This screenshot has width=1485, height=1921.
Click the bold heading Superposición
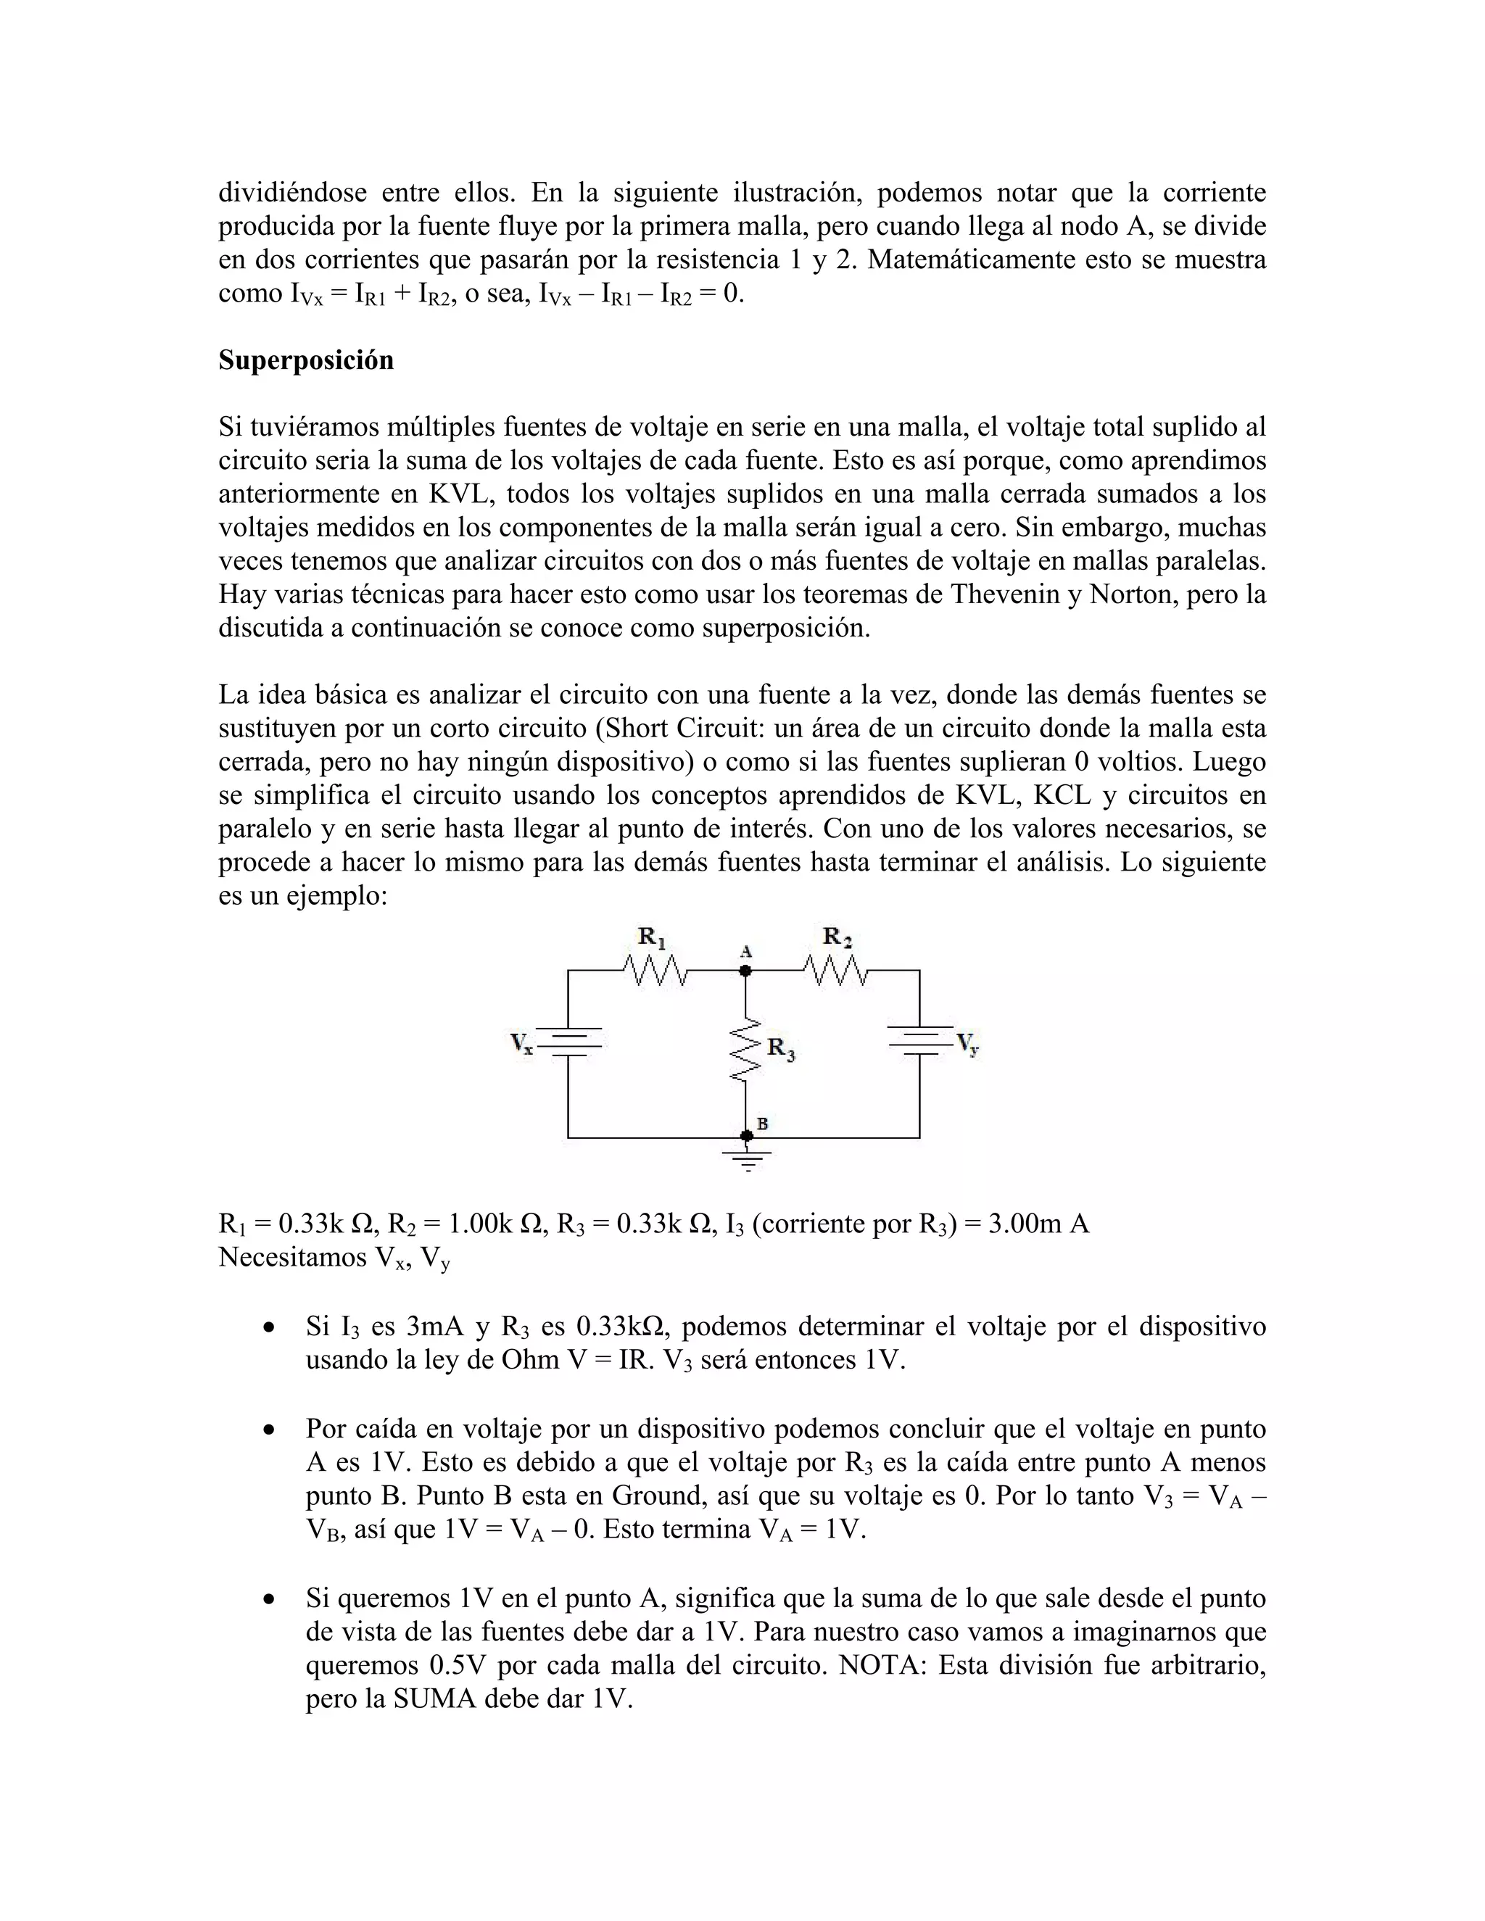tap(305, 360)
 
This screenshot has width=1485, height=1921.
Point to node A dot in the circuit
tap(745, 971)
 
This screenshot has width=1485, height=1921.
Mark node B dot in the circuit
tap(746, 1137)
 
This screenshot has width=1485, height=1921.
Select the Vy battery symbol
tap(920, 1039)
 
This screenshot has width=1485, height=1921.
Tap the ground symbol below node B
tap(747, 1159)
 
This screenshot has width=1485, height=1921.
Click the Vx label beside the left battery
tap(521, 1044)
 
